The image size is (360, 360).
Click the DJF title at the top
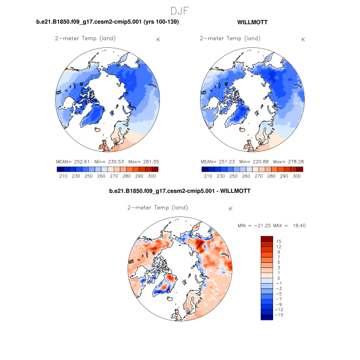pos(180,10)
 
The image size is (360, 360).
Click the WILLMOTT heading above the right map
pos(252,23)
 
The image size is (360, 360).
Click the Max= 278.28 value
pos(288,161)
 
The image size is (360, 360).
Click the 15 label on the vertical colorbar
pos(278,241)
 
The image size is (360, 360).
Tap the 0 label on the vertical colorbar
pos(278,278)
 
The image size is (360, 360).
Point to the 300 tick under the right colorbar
pos(297,176)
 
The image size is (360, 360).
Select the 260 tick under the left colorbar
pos(101,176)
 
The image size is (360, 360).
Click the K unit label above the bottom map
pos(231,209)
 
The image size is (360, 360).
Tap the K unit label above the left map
pos(158,40)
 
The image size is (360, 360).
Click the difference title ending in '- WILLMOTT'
pos(180,191)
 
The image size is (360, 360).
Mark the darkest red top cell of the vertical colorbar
pos(266,239)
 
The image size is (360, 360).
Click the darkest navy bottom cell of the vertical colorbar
pos(266,317)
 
